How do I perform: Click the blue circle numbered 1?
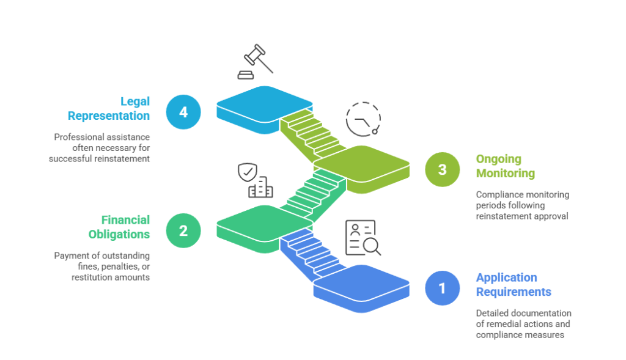(x=442, y=288)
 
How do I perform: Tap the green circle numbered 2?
(x=183, y=230)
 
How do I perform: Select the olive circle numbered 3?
(x=442, y=170)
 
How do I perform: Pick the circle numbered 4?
(x=183, y=112)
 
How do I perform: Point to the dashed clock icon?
(x=363, y=119)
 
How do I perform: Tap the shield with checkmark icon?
(x=248, y=172)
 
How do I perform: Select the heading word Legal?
(x=135, y=102)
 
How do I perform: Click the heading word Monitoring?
(x=506, y=174)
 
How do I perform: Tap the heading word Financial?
(x=125, y=220)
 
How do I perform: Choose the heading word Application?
(x=506, y=277)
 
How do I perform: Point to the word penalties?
(x=119, y=266)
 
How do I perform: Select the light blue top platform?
(x=264, y=109)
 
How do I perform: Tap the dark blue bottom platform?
(x=362, y=288)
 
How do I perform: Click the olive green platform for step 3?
(x=362, y=169)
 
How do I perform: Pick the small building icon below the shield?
(x=260, y=187)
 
